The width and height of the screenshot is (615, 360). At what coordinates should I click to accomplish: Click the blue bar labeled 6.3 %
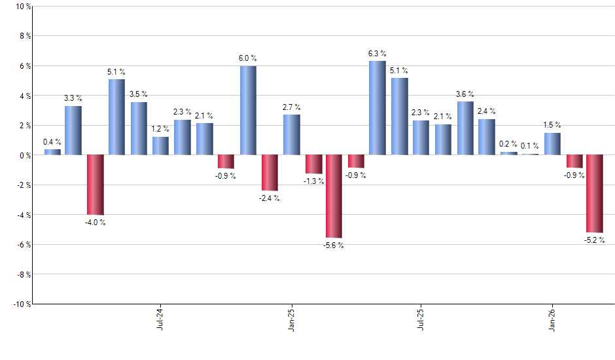pyautogui.click(x=378, y=108)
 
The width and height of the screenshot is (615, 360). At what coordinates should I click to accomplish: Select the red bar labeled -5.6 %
pyautogui.click(x=334, y=196)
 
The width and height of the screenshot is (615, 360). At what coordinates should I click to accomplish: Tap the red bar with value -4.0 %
pyautogui.click(x=96, y=185)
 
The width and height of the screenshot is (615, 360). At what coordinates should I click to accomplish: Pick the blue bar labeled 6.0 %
pyautogui.click(x=247, y=111)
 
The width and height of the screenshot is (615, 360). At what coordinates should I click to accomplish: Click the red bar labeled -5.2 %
pyautogui.click(x=595, y=194)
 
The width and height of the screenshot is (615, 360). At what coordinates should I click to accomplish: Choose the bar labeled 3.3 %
pyautogui.click(x=73, y=131)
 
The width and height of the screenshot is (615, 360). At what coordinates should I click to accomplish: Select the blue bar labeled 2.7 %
pyautogui.click(x=291, y=135)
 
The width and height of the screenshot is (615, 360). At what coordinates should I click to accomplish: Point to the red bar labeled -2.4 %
pyautogui.click(x=269, y=173)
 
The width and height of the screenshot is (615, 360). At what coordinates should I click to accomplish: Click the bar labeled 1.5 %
pyautogui.click(x=552, y=144)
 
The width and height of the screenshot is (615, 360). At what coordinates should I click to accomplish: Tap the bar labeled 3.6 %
pyautogui.click(x=465, y=128)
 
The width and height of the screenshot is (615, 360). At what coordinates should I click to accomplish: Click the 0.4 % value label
pyautogui.click(x=52, y=142)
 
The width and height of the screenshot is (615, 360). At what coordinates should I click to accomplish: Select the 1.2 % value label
pyautogui.click(x=160, y=130)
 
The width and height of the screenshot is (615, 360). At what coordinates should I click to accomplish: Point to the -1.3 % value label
pyautogui.click(x=313, y=181)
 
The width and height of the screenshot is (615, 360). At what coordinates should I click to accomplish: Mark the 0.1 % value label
pyautogui.click(x=530, y=146)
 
